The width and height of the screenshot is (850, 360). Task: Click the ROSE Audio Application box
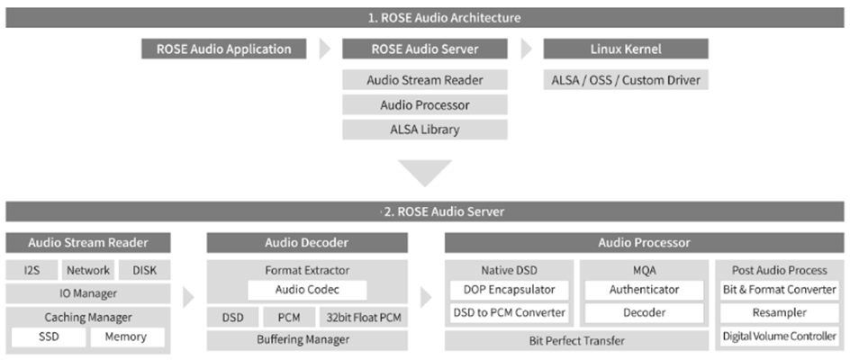[x=223, y=49]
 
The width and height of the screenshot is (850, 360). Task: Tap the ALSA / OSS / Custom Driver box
[x=626, y=80]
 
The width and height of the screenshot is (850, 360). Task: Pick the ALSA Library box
[x=424, y=130]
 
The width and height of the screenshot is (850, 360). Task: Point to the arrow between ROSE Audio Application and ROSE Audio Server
[x=325, y=49]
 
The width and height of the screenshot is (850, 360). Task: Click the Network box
[x=88, y=270]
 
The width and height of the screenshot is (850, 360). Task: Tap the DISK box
[x=145, y=270]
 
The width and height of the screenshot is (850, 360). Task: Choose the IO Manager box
[x=87, y=292]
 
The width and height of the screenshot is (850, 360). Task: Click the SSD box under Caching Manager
[x=49, y=337]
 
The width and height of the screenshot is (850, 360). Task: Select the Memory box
[x=127, y=337]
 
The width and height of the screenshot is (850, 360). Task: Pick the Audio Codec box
[x=307, y=290]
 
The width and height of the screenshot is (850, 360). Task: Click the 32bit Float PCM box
[x=365, y=317]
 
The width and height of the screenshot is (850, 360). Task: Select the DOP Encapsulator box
[x=509, y=290]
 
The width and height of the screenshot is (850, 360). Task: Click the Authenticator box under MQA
[x=644, y=290]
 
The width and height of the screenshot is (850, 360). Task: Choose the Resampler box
[x=780, y=313]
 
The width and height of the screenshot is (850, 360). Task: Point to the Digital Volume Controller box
[x=780, y=337]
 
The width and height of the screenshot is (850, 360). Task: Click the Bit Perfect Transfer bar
[x=576, y=340]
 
